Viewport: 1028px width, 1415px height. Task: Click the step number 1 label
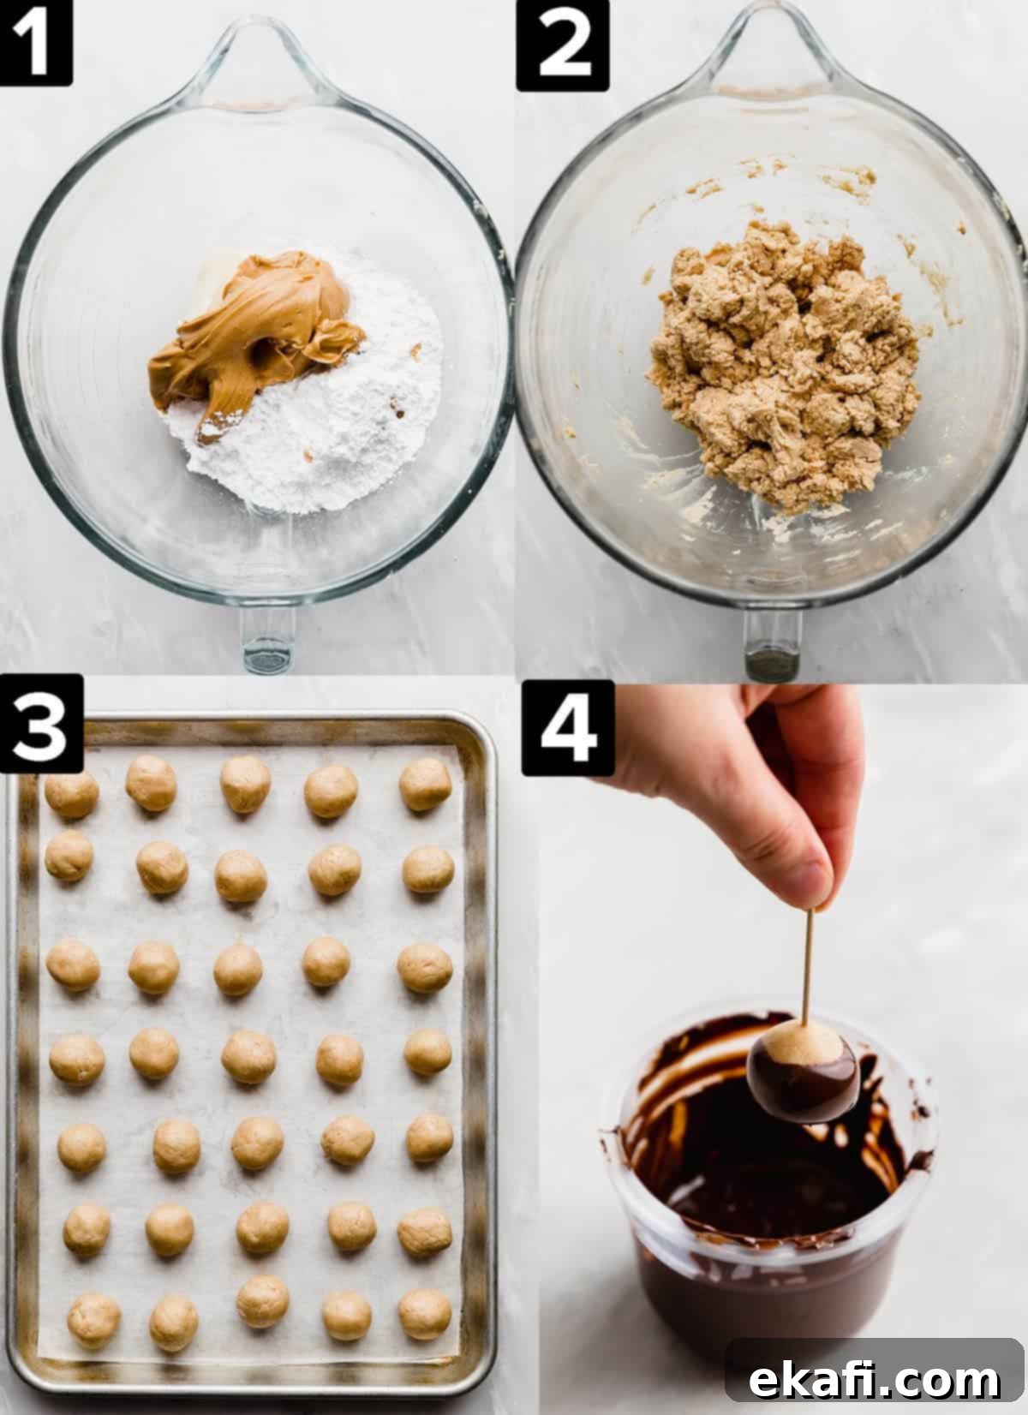point(35,42)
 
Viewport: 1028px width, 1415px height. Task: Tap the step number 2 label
point(562,45)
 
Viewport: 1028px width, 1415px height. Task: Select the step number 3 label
point(41,723)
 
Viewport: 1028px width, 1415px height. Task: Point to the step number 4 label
point(567,728)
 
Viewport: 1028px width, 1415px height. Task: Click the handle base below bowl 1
point(268,638)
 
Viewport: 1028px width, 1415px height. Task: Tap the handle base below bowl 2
point(773,643)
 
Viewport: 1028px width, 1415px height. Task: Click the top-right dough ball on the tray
point(425,784)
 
